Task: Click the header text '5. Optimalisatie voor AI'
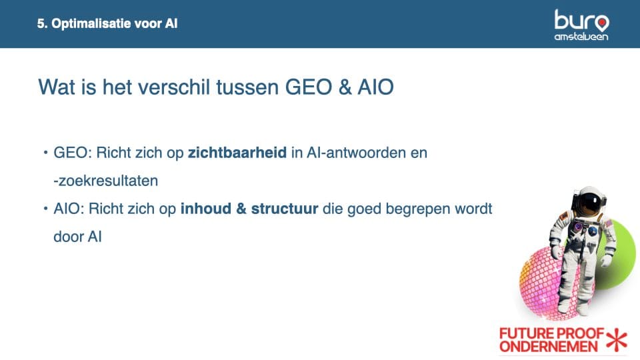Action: pos(107,24)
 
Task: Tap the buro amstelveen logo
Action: pos(581,25)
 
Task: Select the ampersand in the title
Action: pos(345,87)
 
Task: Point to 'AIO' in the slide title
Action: pos(375,87)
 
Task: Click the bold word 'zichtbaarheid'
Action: pos(237,153)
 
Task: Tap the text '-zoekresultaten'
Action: pos(106,181)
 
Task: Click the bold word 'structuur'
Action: pos(285,209)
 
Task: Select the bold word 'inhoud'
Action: pos(206,209)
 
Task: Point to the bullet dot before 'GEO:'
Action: pos(46,153)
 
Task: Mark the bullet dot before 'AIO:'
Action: pos(46,209)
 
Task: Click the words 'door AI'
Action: pos(77,237)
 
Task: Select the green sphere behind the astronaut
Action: pos(621,255)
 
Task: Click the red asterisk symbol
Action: pos(617,339)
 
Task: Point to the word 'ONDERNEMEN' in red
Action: pos(548,347)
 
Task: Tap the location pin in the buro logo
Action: pos(601,23)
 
